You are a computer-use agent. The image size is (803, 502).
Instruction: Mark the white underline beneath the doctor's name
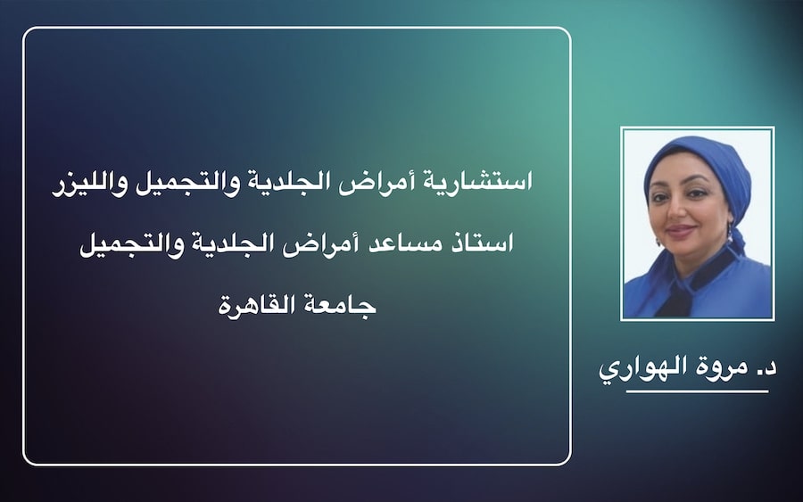coord(697,391)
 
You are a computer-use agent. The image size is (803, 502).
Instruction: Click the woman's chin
coord(683,246)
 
